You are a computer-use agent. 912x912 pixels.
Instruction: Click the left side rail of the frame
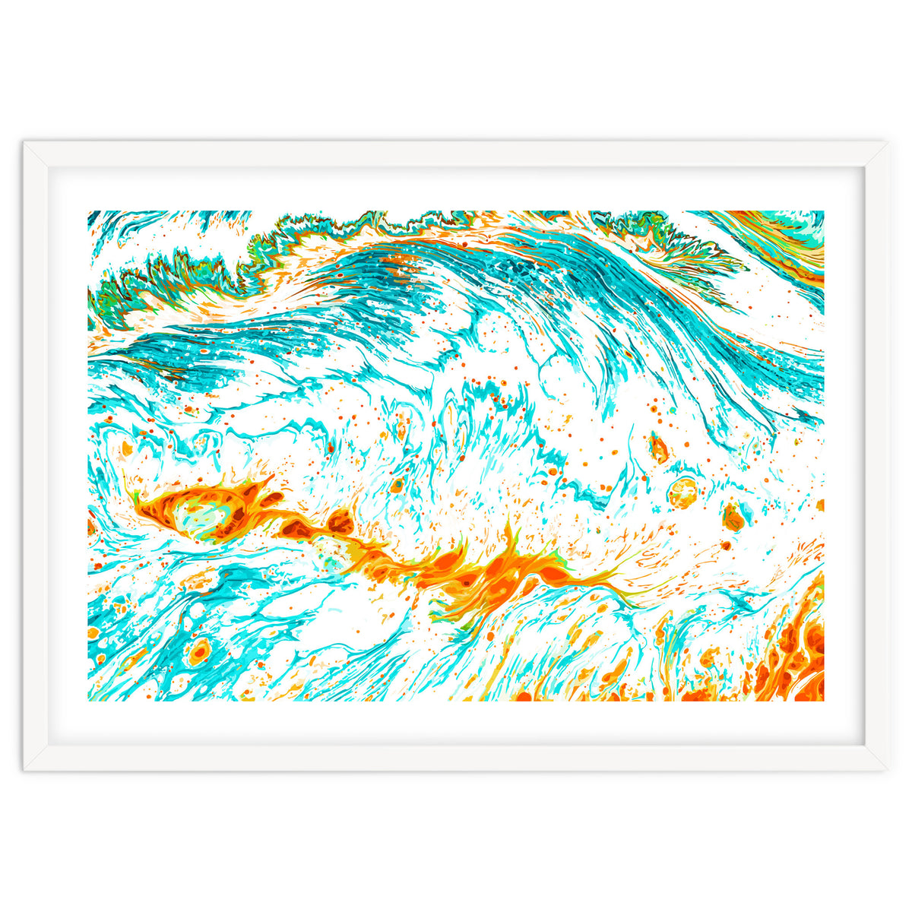[x=36, y=456]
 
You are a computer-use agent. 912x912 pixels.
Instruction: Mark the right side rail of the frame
[x=876, y=456]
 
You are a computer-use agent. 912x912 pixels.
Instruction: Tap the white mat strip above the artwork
[x=456, y=188]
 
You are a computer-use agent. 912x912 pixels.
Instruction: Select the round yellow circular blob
[x=682, y=492]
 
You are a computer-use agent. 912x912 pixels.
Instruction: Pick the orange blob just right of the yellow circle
[x=733, y=517]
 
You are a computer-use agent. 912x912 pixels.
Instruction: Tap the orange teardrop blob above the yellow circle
[x=658, y=447]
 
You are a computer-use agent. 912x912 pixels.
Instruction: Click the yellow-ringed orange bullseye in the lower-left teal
[x=200, y=651]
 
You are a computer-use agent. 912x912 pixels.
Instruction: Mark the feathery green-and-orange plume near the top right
[x=669, y=236]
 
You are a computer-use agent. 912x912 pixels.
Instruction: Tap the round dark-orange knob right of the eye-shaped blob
[x=340, y=522]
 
